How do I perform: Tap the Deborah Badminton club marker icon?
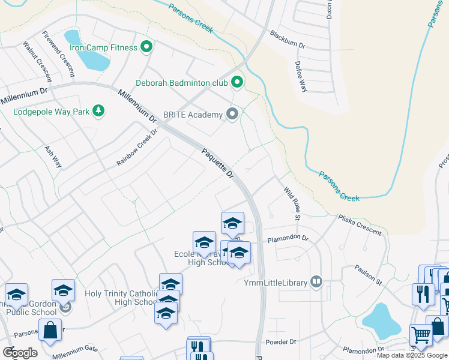click(238, 82)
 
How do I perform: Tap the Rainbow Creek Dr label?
click(136, 148)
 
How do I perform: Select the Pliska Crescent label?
click(360, 224)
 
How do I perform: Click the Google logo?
click(20, 352)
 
